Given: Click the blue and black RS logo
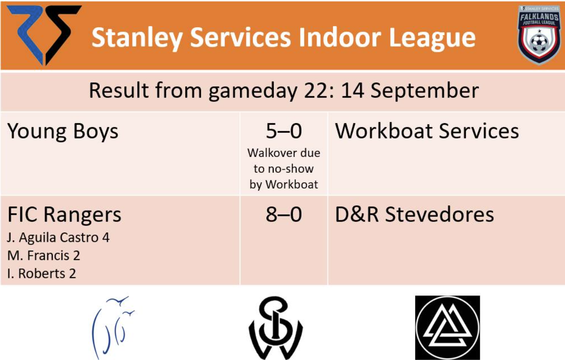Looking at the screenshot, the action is [x=44, y=35].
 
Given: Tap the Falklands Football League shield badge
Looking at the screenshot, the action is [x=539, y=35].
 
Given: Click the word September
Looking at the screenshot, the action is [x=425, y=91].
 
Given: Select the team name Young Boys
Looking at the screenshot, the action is [x=63, y=132].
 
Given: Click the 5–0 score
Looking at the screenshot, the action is [x=284, y=131].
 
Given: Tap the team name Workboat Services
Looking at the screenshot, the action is [x=427, y=131].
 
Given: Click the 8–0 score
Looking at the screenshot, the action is [x=284, y=215].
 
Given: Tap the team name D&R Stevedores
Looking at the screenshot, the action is [x=414, y=215].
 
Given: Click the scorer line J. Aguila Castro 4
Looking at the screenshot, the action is [x=58, y=238].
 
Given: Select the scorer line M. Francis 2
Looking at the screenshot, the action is [x=44, y=255].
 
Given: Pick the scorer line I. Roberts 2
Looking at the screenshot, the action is [x=41, y=274].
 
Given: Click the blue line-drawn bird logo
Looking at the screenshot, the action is [x=113, y=327].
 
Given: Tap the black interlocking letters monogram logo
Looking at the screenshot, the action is [x=276, y=328].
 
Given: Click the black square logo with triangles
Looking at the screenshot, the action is [x=447, y=328].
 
